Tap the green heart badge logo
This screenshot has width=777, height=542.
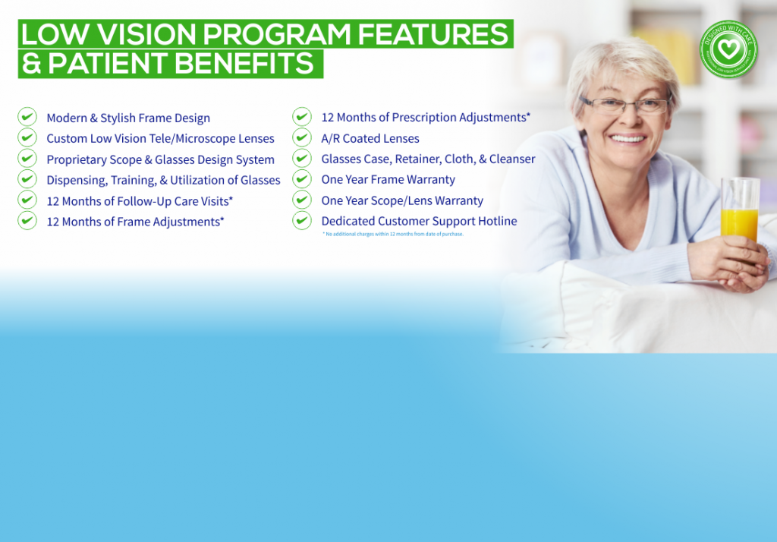(728, 49)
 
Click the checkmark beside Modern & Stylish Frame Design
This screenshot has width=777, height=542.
(27, 117)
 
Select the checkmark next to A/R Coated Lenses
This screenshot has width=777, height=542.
(302, 137)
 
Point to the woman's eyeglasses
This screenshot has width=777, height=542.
(624, 105)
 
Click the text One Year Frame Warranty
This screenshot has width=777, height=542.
(388, 180)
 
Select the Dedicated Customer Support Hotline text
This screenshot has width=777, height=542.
(419, 221)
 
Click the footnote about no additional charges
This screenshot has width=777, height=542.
(393, 234)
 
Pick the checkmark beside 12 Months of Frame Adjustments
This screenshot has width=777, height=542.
(27, 220)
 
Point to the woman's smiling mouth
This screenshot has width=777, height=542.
(628, 138)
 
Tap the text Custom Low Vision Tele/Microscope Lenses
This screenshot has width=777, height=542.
(160, 139)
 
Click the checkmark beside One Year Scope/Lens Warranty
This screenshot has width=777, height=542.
(302, 200)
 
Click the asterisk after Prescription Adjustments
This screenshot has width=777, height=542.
(528, 115)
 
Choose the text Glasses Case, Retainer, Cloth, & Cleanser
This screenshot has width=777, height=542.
(428, 159)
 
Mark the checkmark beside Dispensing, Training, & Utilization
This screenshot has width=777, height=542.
(27, 179)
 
